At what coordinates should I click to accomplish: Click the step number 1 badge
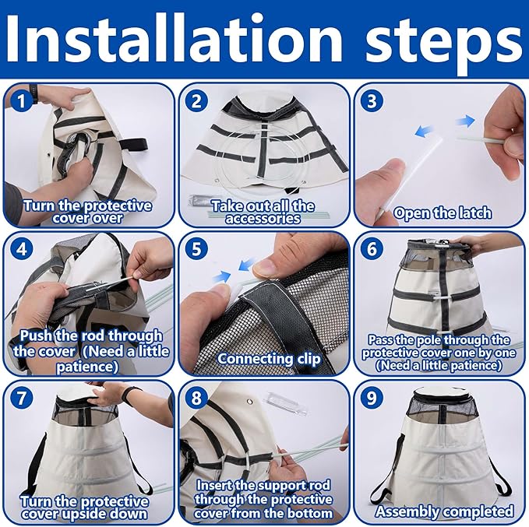click(x=22, y=101)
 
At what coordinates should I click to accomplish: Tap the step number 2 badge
click(x=196, y=101)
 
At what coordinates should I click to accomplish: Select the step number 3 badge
click(x=372, y=101)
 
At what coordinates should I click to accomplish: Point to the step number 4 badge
click(x=22, y=250)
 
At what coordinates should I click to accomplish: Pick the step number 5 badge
click(x=196, y=250)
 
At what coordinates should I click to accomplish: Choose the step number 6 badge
click(x=372, y=250)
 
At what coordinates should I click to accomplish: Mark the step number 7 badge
click(x=22, y=398)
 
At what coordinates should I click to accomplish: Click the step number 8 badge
click(x=196, y=398)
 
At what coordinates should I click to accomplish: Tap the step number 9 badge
click(x=372, y=398)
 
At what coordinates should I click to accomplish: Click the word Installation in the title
click(x=174, y=40)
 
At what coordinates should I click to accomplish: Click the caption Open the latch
click(x=443, y=213)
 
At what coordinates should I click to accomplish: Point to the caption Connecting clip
click(x=269, y=359)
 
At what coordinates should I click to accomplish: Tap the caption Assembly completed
click(x=445, y=511)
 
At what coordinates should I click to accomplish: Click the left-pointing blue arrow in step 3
click(x=424, y=131)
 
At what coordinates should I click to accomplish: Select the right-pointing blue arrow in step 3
click(x=465, y=121)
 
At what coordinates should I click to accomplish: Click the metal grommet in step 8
click(x=250, y=402)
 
